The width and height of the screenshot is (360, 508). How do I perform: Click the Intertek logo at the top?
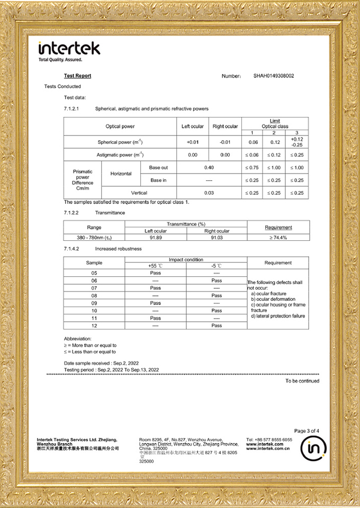(x=69, y=49)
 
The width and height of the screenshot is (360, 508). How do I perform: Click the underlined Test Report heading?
(x=77, y=76)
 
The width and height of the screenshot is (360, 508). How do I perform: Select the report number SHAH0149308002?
(x=274, y=76)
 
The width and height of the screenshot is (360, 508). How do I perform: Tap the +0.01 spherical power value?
(x=192, y=142)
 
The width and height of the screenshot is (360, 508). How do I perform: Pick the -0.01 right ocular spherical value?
(x=225, y=142)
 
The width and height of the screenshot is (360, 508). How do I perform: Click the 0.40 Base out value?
(x=209, y=167)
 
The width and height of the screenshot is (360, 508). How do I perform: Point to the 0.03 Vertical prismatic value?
(x=209, y=193)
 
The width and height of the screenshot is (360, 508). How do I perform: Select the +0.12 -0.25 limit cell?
(x=297, y=142)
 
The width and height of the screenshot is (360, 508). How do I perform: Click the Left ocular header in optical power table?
(x=192, y=126)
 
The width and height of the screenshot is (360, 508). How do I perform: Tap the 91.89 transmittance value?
(x=156, y=238)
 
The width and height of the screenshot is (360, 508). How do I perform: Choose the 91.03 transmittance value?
(x=217, y=238)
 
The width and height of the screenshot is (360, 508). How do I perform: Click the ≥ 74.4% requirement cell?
(x=278, y=238)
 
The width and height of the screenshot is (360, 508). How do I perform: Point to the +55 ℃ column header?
(x=156, y=266)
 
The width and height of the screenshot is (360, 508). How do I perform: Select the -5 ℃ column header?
(x=217, y=266)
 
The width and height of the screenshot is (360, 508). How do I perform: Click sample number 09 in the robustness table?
(x=94, y=303)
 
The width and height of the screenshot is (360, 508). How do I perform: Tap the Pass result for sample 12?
(x=217, y=325)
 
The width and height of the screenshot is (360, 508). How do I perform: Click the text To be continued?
(x=302, y=381)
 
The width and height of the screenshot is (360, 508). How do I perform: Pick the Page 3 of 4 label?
(x=307, y=431)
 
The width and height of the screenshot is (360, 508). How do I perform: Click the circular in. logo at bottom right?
(x=313, y=449)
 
